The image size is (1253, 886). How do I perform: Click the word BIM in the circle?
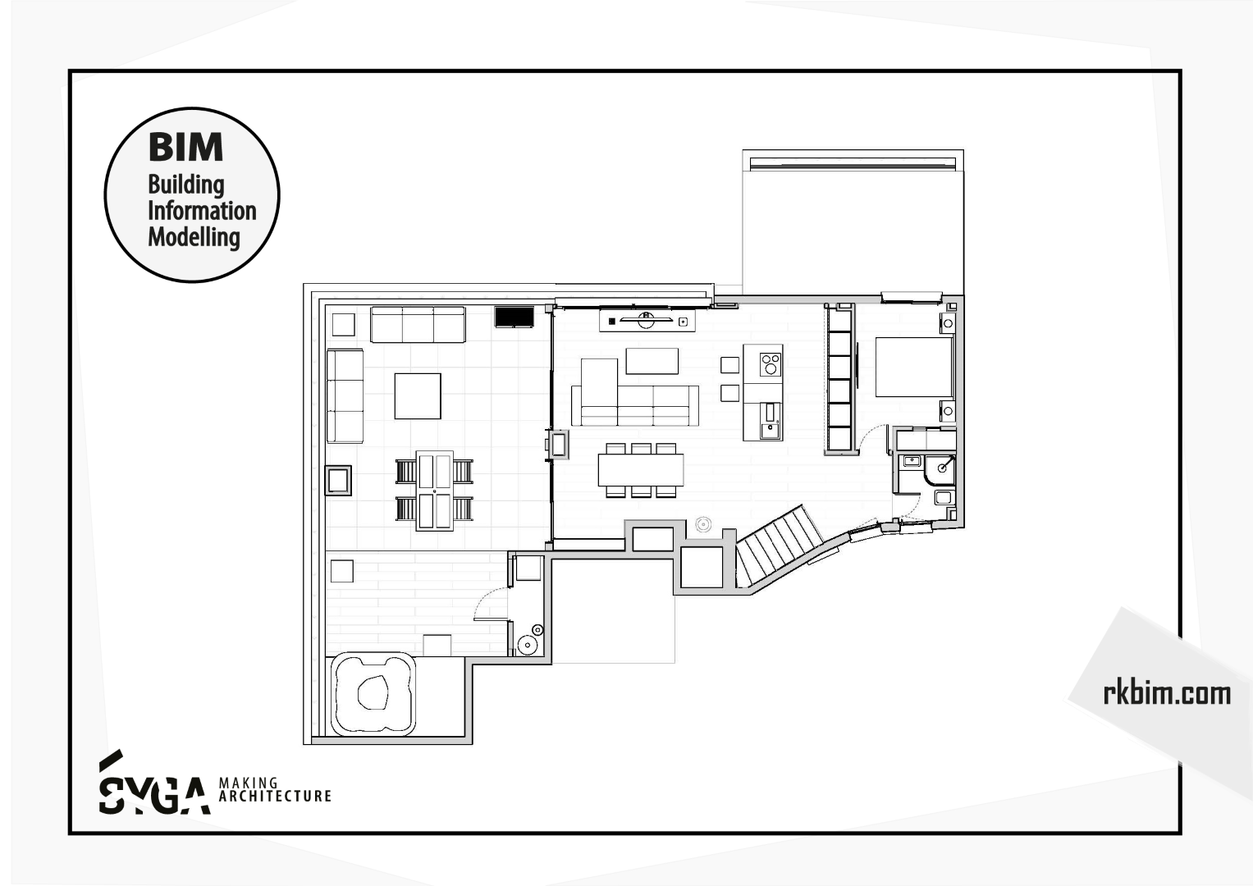(185, 147)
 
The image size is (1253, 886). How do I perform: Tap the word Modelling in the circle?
(194, 236)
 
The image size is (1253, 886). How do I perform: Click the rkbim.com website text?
(1167, 693)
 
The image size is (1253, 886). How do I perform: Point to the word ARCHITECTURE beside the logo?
(275, 796)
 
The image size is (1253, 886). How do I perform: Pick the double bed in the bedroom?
(914, 367)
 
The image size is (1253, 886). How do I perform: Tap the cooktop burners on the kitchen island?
(771, 364)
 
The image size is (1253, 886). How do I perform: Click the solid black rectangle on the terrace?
(514, 317)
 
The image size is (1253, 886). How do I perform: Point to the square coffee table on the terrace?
(418, 396)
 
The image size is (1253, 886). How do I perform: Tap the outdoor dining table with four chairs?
(434, 491)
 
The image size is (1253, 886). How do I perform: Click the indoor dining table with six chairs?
(641, 470)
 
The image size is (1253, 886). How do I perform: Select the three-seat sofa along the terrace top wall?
(418, 324)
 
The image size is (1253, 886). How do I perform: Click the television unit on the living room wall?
(647, 321)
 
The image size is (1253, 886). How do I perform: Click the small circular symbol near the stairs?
(703, 525)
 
